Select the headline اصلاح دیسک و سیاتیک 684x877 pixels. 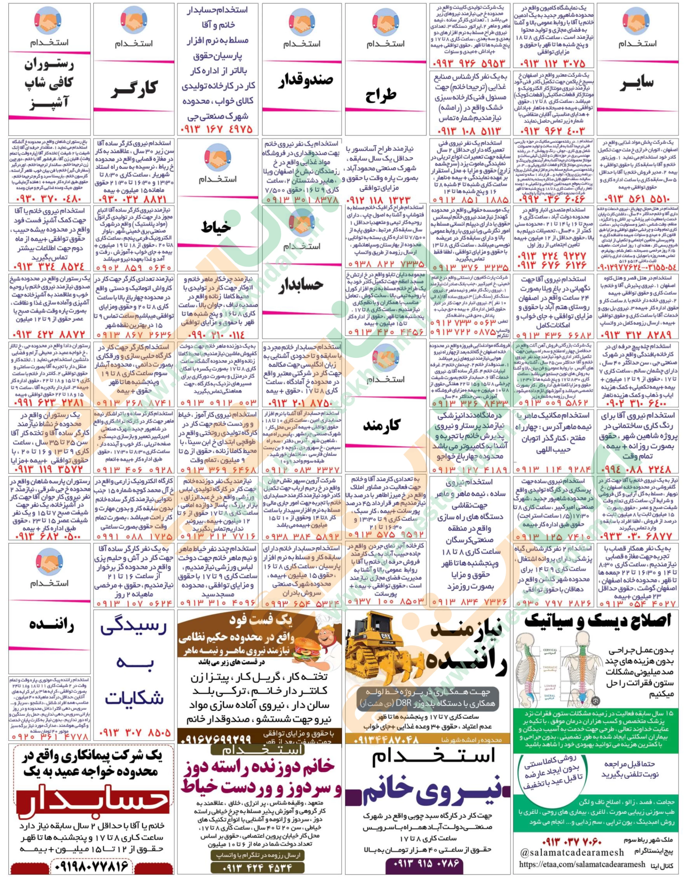pos(598,622)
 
